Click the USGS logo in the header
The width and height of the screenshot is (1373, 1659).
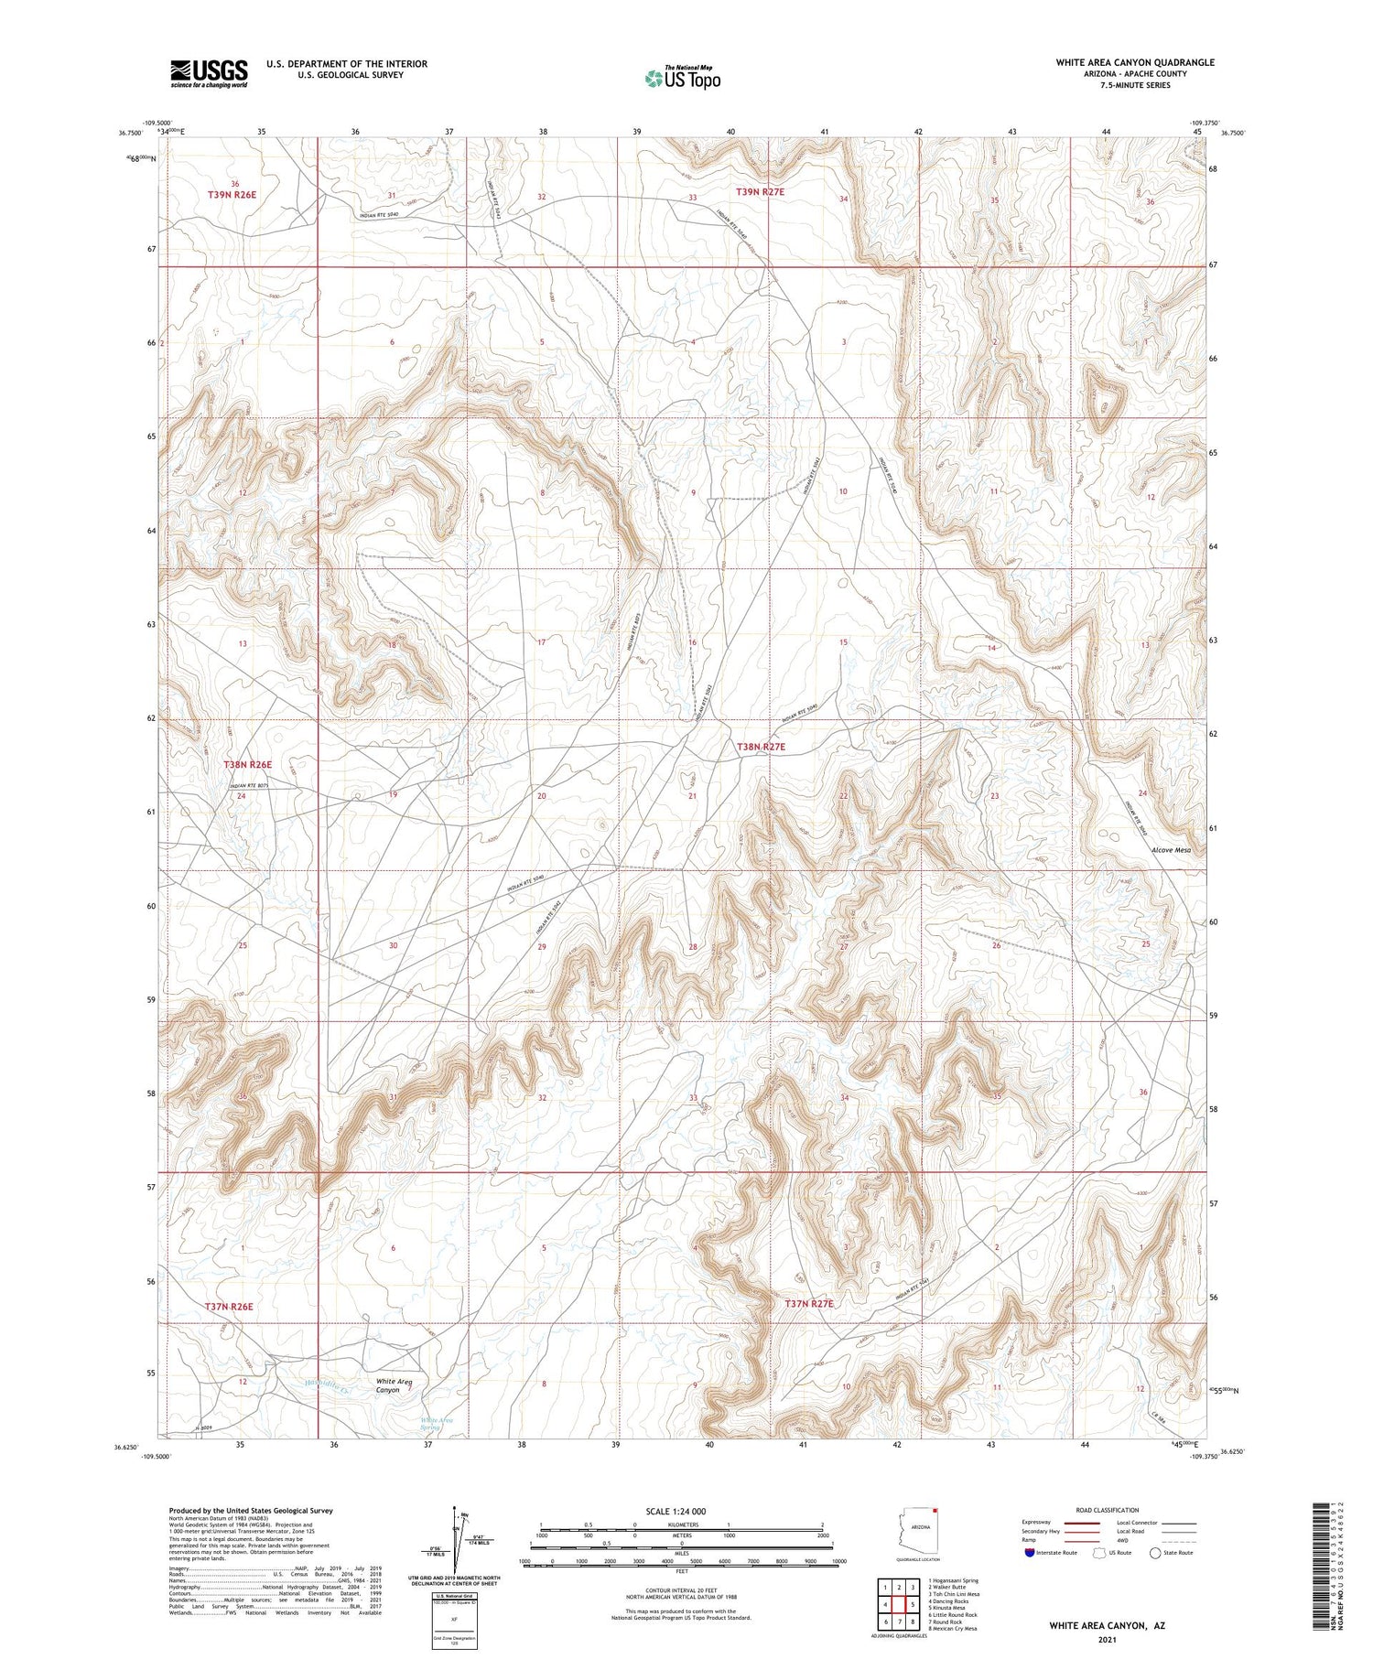[x=209, y=73]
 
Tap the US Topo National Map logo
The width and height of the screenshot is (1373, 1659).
[x=682, y=79]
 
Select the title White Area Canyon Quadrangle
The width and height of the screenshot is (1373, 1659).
[x=1135, y=62]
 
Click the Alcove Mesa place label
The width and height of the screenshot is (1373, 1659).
[x=1171, y=850]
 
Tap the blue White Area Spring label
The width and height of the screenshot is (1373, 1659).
[x=437, y=1424]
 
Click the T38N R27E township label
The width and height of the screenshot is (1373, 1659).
[x=761, y=747]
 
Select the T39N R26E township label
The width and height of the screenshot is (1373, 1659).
[x=232, y=195]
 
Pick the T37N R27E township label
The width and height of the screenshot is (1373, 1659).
[x=809, y=1303]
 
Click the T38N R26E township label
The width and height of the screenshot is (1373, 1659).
[x=248, y=764]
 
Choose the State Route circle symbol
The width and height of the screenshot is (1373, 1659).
[x=1155, y=1553]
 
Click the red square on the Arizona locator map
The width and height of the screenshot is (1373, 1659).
[x=936, y=1510]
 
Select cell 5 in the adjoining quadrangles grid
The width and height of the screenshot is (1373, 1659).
[x=913, y=1605]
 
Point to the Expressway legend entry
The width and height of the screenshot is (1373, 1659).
[x=1042, y=1523]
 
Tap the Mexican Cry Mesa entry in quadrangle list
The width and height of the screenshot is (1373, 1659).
[x=953, y=1629]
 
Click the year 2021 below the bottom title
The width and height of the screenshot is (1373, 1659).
[x=1107, y=1638]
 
